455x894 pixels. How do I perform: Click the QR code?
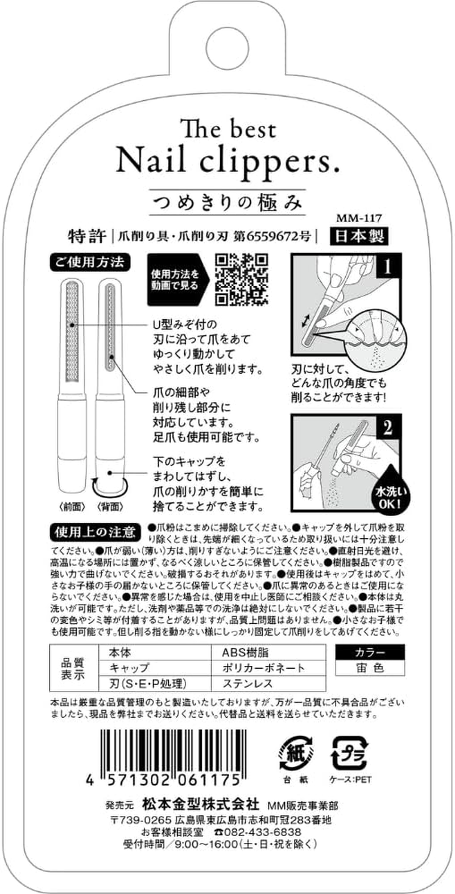pyautogui.click(x=242, y=279)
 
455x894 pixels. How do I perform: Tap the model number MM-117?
pyautogui.click(x=358, y=217)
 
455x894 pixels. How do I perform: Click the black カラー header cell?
pyautogui.click(x=370, y=652)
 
